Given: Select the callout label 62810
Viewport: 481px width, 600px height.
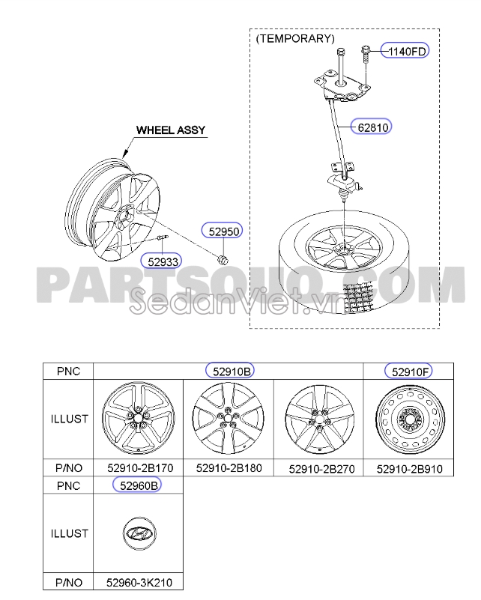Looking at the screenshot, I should click(x=372, y=127).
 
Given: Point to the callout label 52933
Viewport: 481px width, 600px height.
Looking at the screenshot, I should click(x=163, y=261).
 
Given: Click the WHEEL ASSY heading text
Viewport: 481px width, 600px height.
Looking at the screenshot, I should click(x=170, y=130).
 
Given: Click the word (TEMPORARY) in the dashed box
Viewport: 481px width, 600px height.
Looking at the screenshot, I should click(x=294, y=38).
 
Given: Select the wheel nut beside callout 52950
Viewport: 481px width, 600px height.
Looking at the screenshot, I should click(x=223, y=258).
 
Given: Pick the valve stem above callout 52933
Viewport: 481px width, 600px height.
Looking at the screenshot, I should click(x=163, y=239).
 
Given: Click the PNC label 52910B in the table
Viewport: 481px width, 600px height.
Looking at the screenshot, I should click(x=229, y=371).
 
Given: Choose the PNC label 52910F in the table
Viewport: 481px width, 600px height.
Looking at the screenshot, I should click(x=408, y=371).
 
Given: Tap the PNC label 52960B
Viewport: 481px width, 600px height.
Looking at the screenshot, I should click(x=136, y=485).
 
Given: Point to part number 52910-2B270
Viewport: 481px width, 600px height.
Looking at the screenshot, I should click(x=318, y=469).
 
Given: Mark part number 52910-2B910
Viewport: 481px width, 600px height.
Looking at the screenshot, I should click(x=408, y=469).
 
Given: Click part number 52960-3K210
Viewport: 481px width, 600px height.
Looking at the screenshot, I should click(x=137, y=582).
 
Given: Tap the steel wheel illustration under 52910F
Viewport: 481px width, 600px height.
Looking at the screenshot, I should click(x=408, y=419).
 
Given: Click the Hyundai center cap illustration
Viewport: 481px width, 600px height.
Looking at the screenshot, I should click(x=137, y=533).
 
